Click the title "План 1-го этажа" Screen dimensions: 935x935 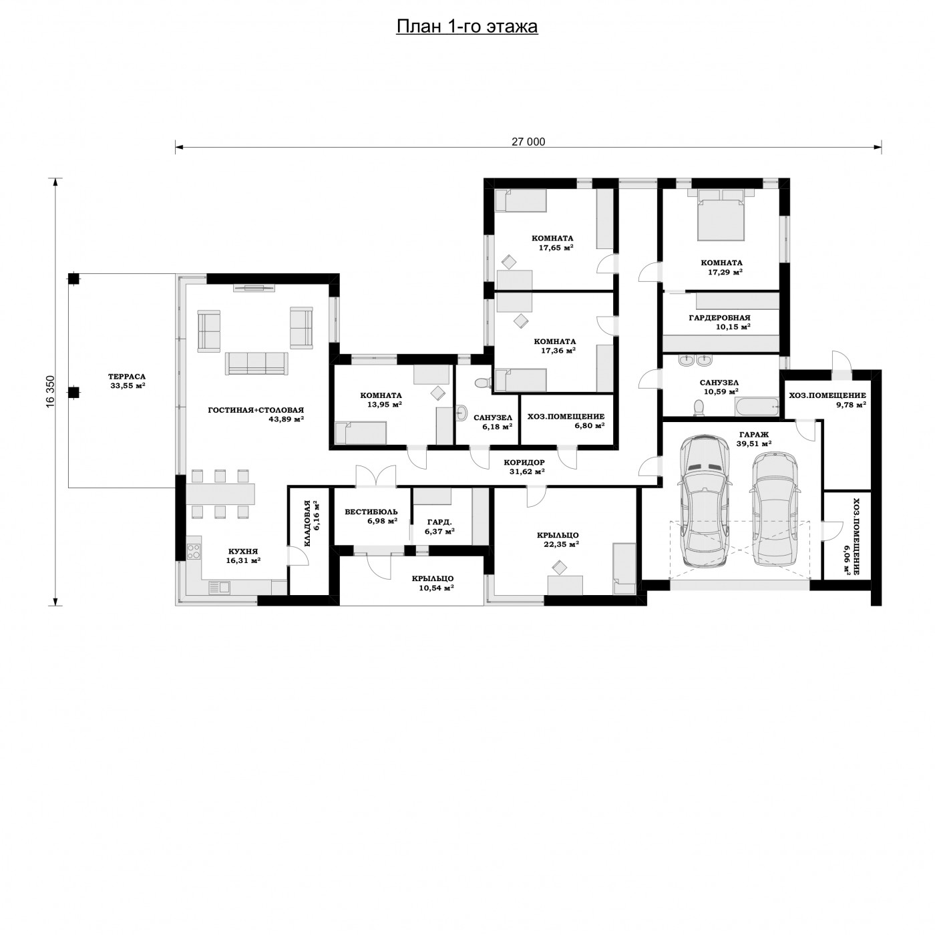click(467, 27)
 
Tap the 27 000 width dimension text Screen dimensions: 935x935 click(528, 142)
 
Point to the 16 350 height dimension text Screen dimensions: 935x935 click(51, 391)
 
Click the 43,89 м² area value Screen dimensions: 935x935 click(287, 419)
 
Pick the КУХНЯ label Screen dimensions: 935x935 click(243, 551)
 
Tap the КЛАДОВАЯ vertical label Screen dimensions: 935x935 click(307, 524)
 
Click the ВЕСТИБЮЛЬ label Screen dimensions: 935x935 click(371, 512)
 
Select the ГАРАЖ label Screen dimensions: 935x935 click(754, 434)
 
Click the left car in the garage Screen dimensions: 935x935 click(705, 501)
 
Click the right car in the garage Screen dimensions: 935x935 click(775, 509)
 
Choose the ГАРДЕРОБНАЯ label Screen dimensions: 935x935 click(719, 318)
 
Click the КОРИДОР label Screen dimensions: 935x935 click(524, 462)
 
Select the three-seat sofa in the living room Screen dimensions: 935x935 click(256, 363)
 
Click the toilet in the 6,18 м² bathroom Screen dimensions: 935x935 click(482, 383)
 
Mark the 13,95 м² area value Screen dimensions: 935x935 click(384, 404)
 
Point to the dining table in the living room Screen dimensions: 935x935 click(221, 494)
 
